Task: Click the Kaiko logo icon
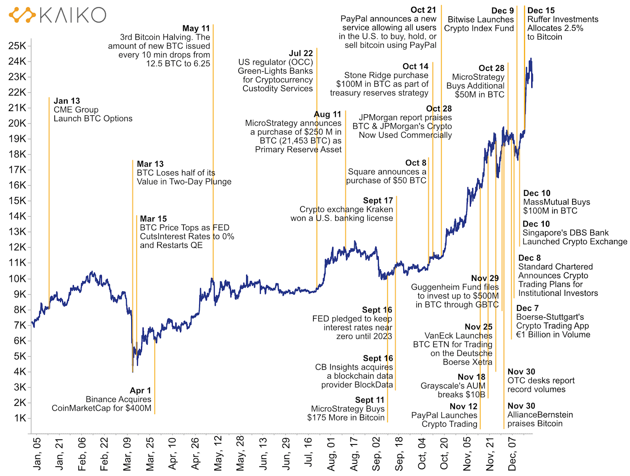click(x=22, y=15)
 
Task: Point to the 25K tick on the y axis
click(x=17, y=46)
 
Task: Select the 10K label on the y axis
click(x=17, y=279)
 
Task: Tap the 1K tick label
click(x=20, y=418)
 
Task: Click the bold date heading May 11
click(x=196, y=28)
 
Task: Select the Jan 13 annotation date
click(x=67, y=101)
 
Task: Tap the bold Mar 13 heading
click(x=150, y=164)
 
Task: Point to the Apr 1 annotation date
click(x=140, y=390)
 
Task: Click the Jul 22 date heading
click(x=301, y=53)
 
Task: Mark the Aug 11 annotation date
click(x=327, y=114)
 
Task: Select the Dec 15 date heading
click(x=541, y=11)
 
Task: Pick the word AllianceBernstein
click(x=540, y=415)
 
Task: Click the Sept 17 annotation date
click(x=378, y=201)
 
